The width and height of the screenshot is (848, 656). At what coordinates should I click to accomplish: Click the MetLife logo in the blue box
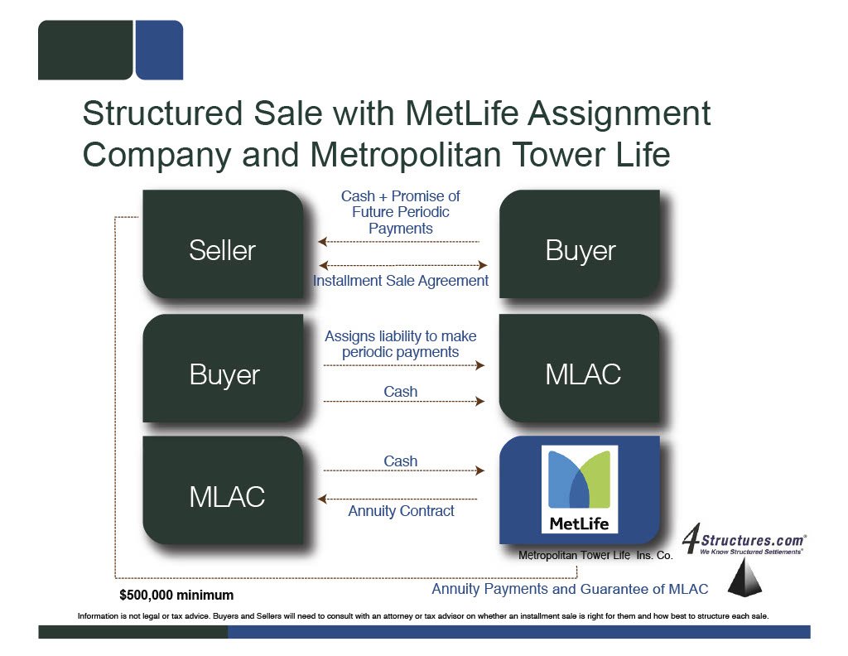(x=580, y=489)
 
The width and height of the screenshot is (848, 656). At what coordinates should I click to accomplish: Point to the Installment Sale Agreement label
(x=401, y=281)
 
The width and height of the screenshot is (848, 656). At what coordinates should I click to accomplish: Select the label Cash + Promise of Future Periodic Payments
(x=401, y=212)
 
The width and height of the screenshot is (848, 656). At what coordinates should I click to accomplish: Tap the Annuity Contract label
(x=401, y=511)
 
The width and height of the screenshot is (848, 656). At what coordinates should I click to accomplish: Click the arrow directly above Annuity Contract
(x=401, y=499)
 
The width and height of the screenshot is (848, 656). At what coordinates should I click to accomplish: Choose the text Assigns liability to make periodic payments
(x=401, y=344)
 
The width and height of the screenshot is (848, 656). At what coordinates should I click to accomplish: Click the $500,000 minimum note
(x=176, y=595)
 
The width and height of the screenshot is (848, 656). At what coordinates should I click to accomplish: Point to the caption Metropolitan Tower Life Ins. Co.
(x=595, y=556)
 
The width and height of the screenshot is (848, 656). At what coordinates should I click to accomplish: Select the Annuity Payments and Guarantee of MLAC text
(x=570, y=589)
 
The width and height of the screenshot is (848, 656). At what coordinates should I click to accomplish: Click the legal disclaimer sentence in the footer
(x=423, y=616)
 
